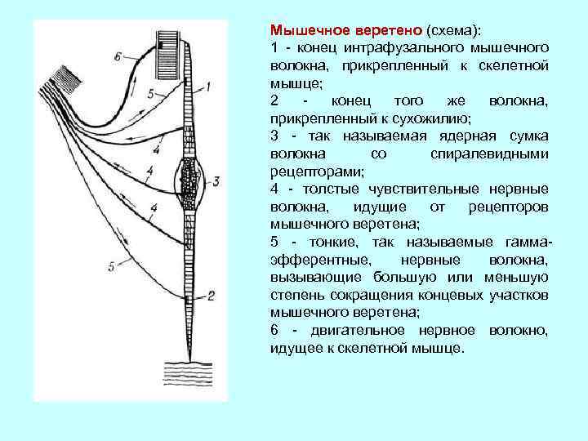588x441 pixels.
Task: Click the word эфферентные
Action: click(316, 261)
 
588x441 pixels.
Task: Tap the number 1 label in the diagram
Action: click(211, 85)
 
